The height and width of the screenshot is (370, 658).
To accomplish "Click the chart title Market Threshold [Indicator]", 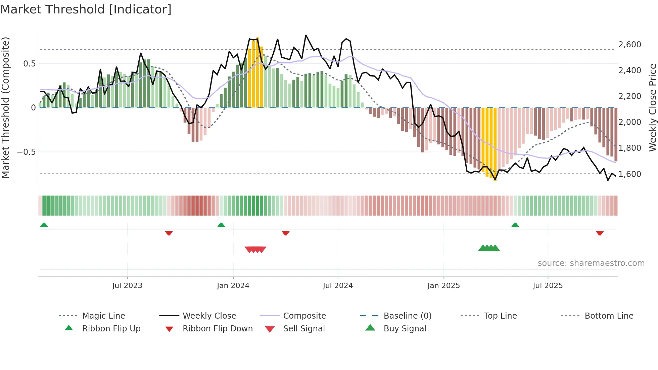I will (86, 9).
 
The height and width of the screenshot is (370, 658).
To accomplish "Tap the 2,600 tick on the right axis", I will (629, 45).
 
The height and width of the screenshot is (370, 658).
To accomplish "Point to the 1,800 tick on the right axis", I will (629, 148).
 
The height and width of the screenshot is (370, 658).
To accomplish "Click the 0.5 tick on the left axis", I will (29, 64).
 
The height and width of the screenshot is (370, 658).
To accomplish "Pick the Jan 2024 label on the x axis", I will (233, 286).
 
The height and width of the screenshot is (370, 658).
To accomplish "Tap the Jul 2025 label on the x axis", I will (548, 286).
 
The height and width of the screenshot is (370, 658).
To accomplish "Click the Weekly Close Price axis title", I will (652, 107).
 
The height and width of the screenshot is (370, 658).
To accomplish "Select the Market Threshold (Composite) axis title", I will (5, 107).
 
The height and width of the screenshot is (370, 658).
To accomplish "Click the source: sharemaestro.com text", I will (591, 263).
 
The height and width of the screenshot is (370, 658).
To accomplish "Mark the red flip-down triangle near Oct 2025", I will (600, 233).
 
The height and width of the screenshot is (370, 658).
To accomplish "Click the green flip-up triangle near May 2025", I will (515, 225).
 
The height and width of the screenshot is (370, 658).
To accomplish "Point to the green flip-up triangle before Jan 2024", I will (221, 225).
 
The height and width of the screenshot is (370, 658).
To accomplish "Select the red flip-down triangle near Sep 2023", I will (169, 233).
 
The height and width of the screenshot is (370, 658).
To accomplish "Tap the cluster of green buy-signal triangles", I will (489, 248).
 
